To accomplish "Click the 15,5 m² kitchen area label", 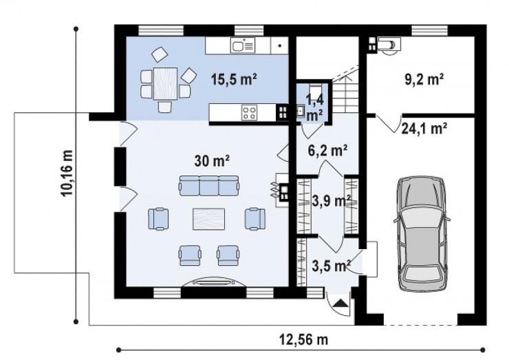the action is tap(234, 79).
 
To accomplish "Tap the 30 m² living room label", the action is tap(212, 160).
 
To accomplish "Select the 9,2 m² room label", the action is tap(424, 79).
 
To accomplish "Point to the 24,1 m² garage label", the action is tap(424, 128).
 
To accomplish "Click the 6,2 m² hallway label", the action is tap(327, 151).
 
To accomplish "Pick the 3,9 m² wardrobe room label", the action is tap(331, 201).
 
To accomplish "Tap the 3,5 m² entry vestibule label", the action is tap(331, 266).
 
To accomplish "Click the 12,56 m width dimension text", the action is tap(304, 339).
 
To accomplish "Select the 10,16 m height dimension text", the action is tap(67, 173).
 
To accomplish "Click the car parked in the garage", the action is tap(422, 233).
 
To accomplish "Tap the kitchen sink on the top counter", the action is tap(243, 45).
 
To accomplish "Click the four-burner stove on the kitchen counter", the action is tap(249, 112).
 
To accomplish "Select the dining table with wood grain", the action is tap(166, 83).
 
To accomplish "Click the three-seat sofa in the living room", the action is tap(209, 186).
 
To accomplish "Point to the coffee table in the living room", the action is tap(208, 219).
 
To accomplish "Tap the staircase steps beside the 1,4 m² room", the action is tap(345, 96).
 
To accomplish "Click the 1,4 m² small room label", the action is tap(314, 107).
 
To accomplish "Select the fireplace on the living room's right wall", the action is tap(281, 190).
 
